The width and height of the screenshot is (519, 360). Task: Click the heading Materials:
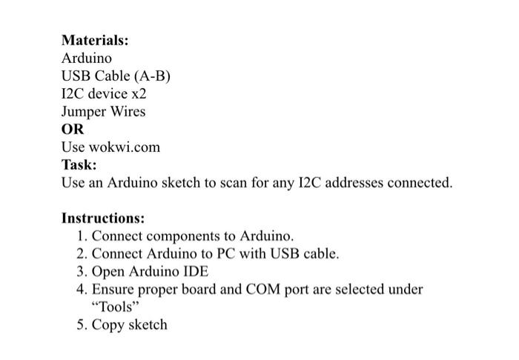tap(95, 40)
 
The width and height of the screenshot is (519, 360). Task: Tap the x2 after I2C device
tap(139, 94)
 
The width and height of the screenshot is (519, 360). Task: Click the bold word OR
tap(73, 130)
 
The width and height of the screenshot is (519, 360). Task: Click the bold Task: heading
tap(79, 165)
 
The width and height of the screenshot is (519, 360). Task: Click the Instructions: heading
tap(103, 219)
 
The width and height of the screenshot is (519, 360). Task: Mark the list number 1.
tap(81, 236)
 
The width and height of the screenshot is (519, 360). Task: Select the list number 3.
tap(81, 272)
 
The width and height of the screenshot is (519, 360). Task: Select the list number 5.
tap(81, 325)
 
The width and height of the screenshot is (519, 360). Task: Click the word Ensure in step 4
tap(114, 290)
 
